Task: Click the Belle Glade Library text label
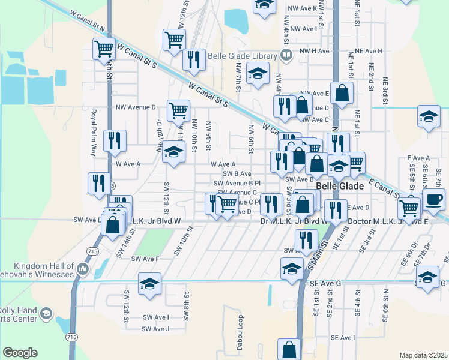pos(242,56)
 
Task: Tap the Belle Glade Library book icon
pos(286,56)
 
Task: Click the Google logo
pos(20,352)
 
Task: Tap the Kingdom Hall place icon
pos(82,269)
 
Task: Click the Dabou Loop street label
pos(240,329)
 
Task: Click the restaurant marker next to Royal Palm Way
pos(114,141)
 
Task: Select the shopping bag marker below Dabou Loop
pos(289,349)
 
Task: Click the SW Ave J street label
pos(155,329)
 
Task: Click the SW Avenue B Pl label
pos(237,183)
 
